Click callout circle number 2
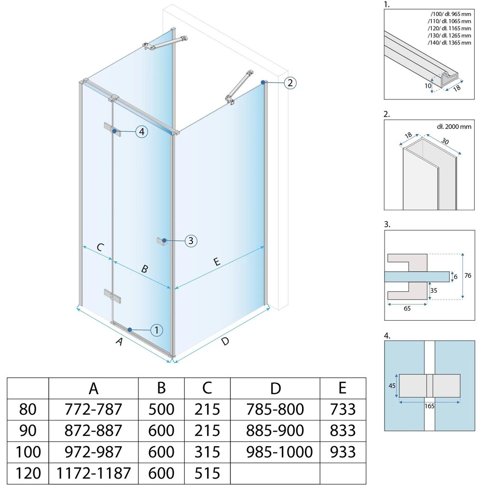pyautogui.click(x=290, y=83)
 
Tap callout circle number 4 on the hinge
pyautogui.click(x=142, y=132)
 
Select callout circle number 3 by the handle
pyautogui.click(x=191, y=241)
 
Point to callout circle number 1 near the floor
pyautogui.click(x=157, y=330)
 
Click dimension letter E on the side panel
pyautogui.click(x=217, y=261)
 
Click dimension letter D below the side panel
pyautogui.click(x=225, y=341)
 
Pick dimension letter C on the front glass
pyautogui.click(x=100, y=247)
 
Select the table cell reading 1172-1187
pyautogui.click(x=93, y=473)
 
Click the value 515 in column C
pyautogui.click(x=207, y=473)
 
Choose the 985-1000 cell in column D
pyautogui.click(x=279, y=452)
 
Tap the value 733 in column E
pyautogui.click(x=343, y=409)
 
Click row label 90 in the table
pyautogui.click(x=28, y=430)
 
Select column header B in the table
pyautogui.click(x=161, y=388)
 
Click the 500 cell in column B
pyautogui.click(x=161, y=409)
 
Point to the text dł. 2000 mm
pyautogui.click(x=454, y=126)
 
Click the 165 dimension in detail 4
pyautogui.click(x=429, y=406)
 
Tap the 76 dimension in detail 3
pyautogui.click(x=468, y=275)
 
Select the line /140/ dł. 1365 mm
pyautogui.click(x=449, y=42)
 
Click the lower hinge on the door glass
pyautogui.click(x=112, y=297)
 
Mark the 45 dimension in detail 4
pyautogui.click(x=392, y=385)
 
